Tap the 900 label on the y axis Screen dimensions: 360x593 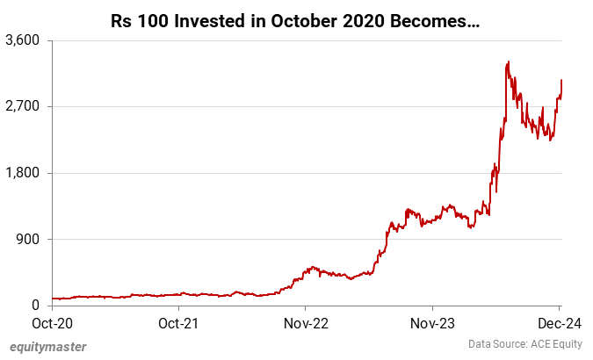click(x=31, y=239)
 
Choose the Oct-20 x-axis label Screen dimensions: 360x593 click(x=53, y=322)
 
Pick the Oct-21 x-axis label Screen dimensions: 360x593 click(x=178, y=322)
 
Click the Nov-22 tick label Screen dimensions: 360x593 click(x=305, y=322)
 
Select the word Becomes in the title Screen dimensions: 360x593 click(x=430, y=19)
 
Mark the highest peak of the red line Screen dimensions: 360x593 click(x=509, y=62)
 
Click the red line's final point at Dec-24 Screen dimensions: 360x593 click(x=560, y=81)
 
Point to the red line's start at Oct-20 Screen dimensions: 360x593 click(x=53, y=299)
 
